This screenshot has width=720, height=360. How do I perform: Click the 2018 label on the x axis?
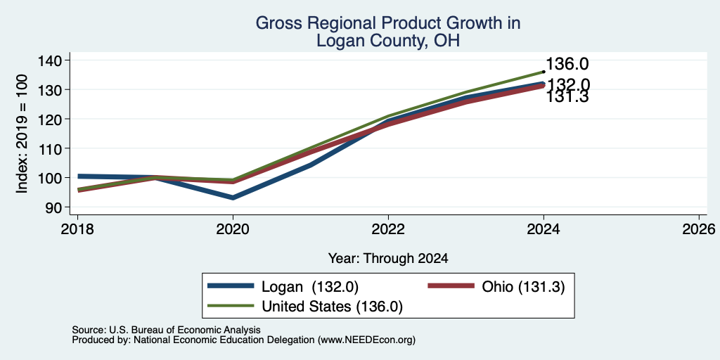tap(77, 229)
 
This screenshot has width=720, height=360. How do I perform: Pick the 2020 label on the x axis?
tap(233, 229)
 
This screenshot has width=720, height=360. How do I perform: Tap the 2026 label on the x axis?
tap(699, 229)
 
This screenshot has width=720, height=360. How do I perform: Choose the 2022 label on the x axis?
tap(388, 229)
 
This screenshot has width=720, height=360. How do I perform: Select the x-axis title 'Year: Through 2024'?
tap(388, 259)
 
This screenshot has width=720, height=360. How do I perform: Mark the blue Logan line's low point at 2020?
tap(233, 198)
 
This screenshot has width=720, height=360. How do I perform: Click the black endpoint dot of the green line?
tap(544, 72)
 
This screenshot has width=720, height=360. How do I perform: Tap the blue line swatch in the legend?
tap(231, 286)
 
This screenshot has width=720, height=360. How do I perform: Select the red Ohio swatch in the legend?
tap(451, 286)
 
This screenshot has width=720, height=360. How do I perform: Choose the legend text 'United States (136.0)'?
tap(332, 307)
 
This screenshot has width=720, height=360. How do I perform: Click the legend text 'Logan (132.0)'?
tap(309, 287)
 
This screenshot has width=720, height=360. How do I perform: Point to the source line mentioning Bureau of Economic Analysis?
tap(166, 330)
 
